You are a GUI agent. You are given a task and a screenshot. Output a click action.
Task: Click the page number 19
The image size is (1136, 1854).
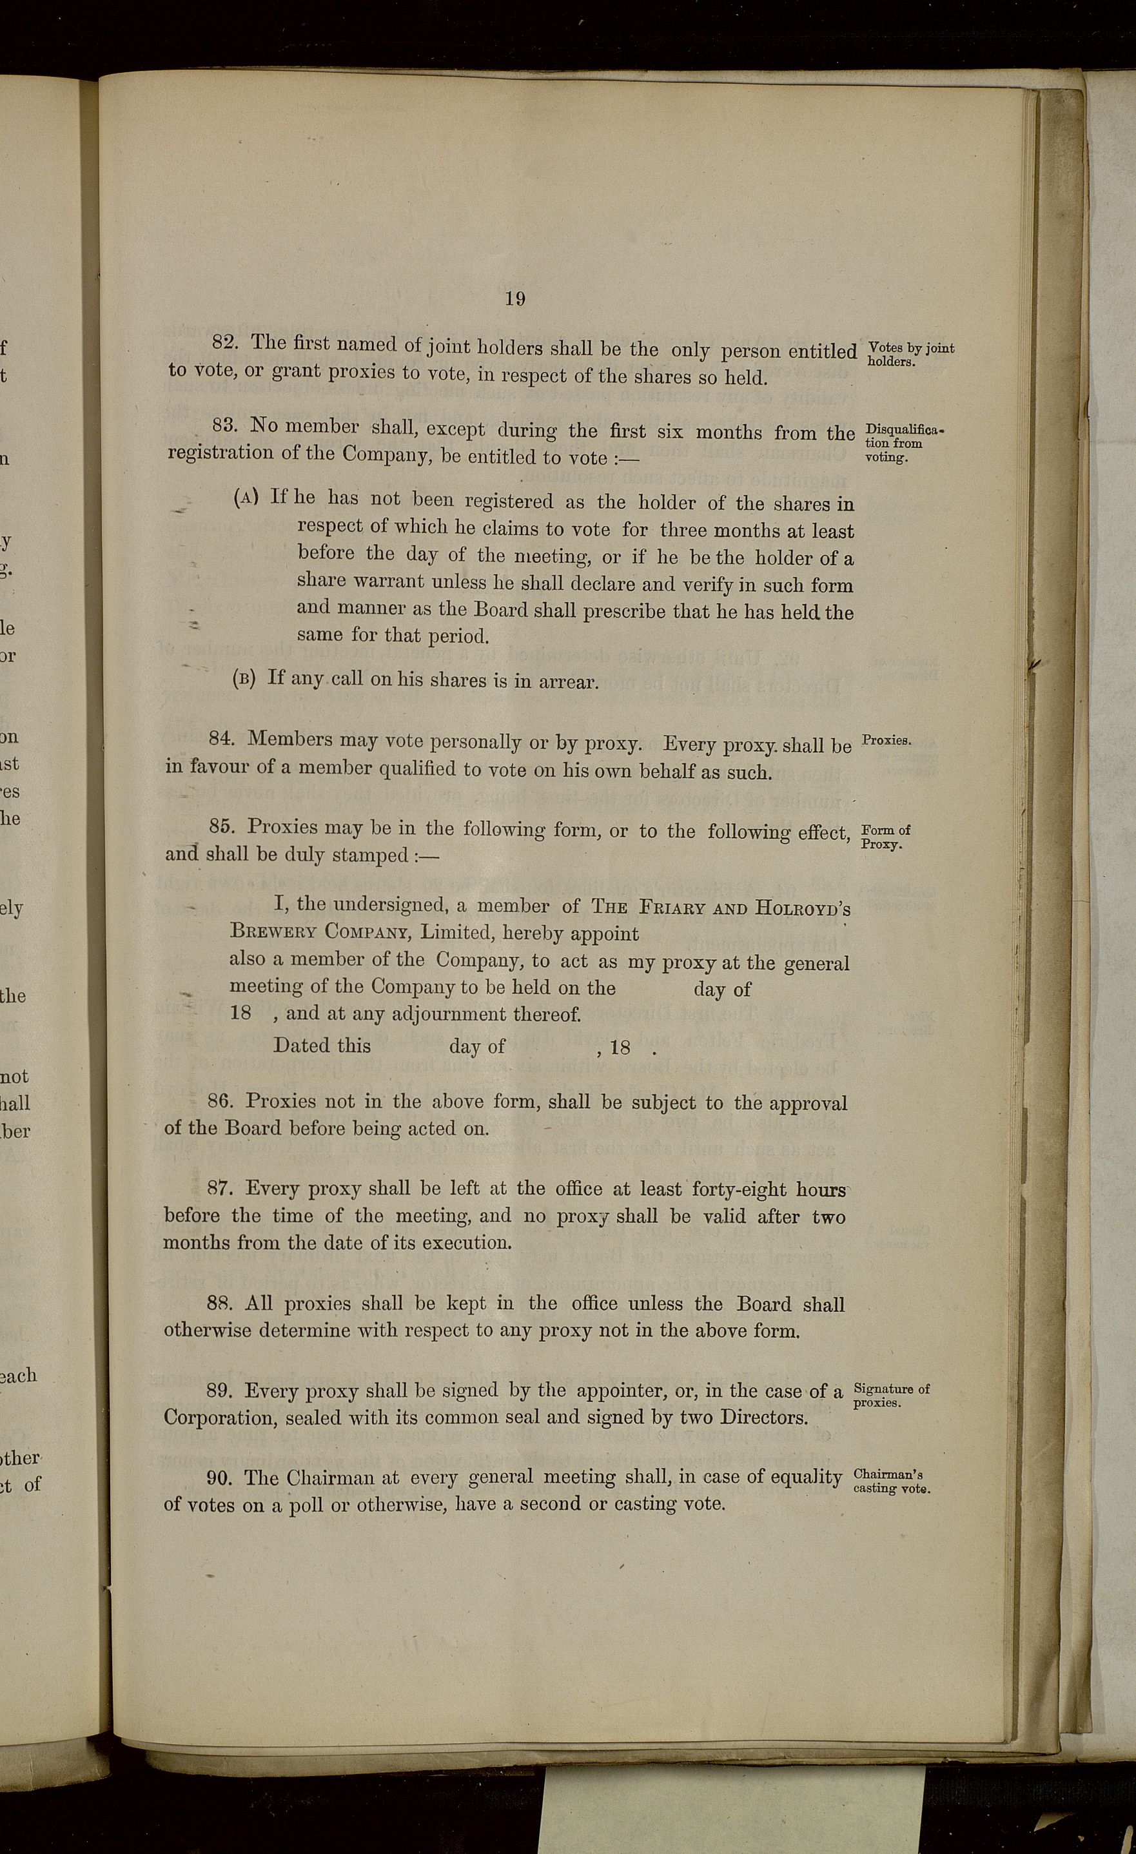pos(514,298)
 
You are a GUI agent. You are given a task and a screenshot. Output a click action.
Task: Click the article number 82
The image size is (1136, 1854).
pos(225,342)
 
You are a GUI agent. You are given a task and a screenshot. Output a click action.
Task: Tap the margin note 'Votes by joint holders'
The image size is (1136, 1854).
pos(910,354)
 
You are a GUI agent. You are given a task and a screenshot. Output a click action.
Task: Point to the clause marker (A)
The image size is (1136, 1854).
pos(247,498)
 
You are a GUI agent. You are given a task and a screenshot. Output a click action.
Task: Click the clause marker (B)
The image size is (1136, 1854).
pos(244,678)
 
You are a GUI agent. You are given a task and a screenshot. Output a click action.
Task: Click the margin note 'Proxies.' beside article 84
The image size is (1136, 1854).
pos(886,739)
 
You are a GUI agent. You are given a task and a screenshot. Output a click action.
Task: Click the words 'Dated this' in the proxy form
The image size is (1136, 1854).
pos(322,1045)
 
